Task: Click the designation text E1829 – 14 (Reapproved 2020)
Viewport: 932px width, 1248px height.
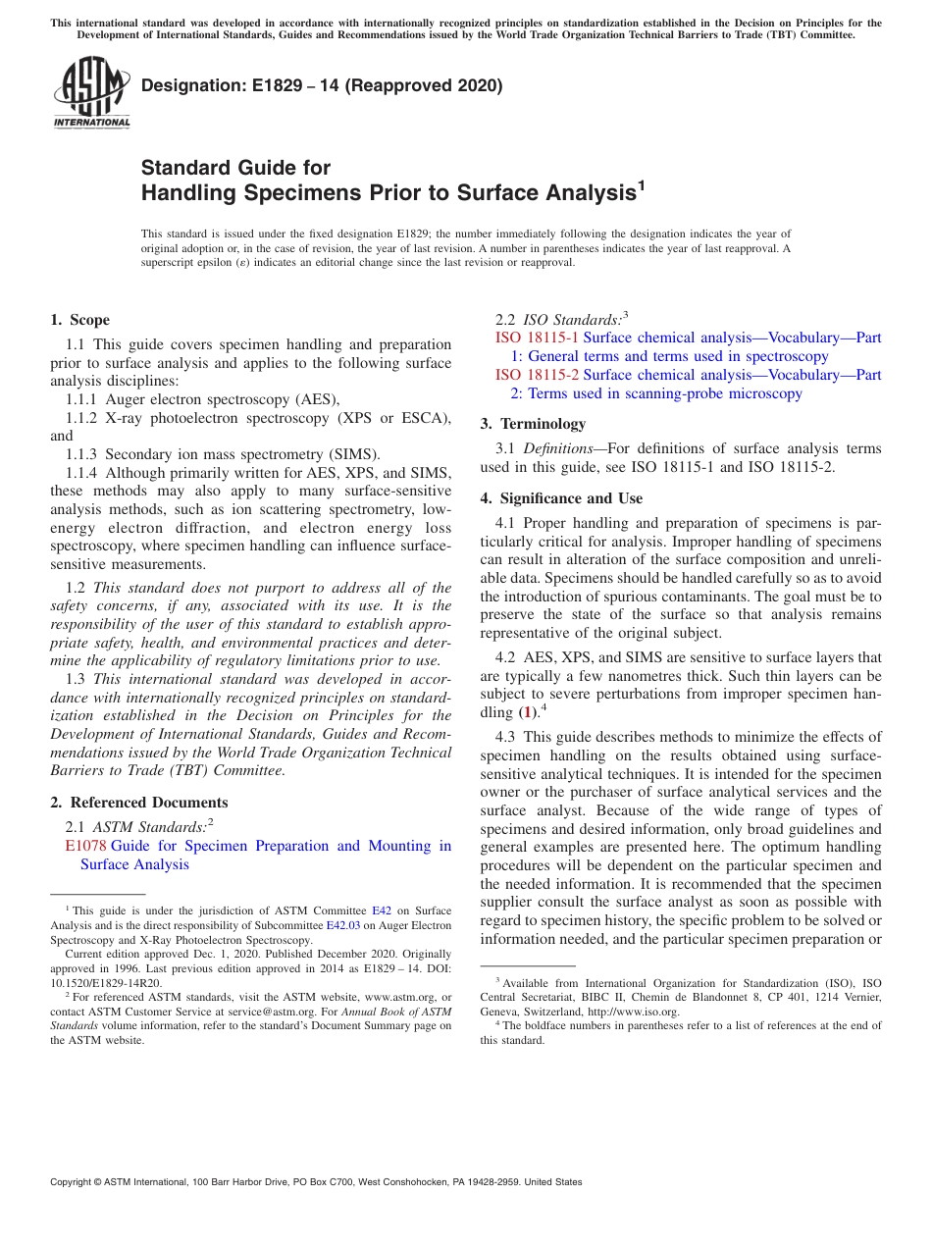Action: click(x=322, y=85)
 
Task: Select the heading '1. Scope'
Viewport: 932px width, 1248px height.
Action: click(x=79, y=320)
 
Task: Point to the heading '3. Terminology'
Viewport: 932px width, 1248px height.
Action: click(x=533, y=424)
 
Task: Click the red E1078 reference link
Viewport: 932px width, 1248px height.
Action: click(x=85, y=846)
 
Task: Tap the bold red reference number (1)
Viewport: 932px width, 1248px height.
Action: click(x=528, y=712)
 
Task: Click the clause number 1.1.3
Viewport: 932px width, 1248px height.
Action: click(x=82, y=454)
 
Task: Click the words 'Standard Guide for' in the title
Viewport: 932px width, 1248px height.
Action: click(x=235, y=168)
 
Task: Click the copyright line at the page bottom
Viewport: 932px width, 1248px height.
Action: click(x=316, y=1182)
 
